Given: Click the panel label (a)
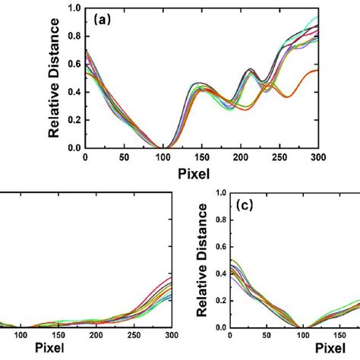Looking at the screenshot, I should [103, 21].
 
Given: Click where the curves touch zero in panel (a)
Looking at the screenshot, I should [159, 147].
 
